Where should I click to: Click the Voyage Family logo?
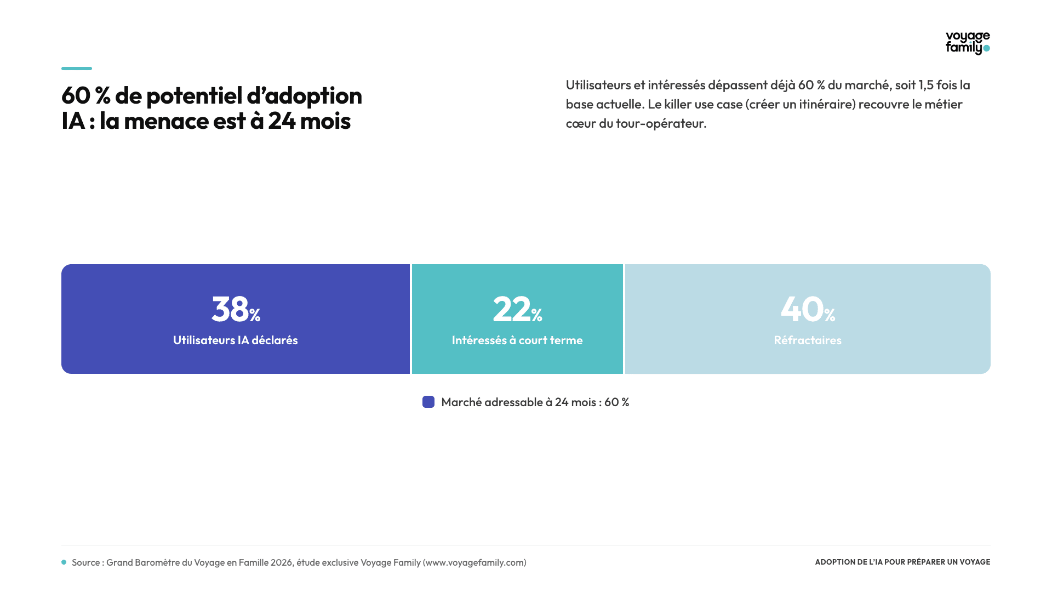968,43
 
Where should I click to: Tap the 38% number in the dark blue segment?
236,309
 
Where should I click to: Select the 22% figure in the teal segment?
517,309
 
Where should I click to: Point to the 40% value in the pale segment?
808,309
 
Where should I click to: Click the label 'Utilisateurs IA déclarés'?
236,340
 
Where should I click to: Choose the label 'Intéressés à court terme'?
517,340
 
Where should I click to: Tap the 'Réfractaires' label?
808,340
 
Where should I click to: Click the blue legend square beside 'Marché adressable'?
428,402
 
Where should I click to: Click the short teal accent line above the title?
77,69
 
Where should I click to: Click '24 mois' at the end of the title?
309,121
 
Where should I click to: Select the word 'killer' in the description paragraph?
678,104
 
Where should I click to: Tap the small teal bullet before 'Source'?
64,562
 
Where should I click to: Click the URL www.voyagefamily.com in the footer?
474,562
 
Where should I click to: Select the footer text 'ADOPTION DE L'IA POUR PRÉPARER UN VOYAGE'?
903,562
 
